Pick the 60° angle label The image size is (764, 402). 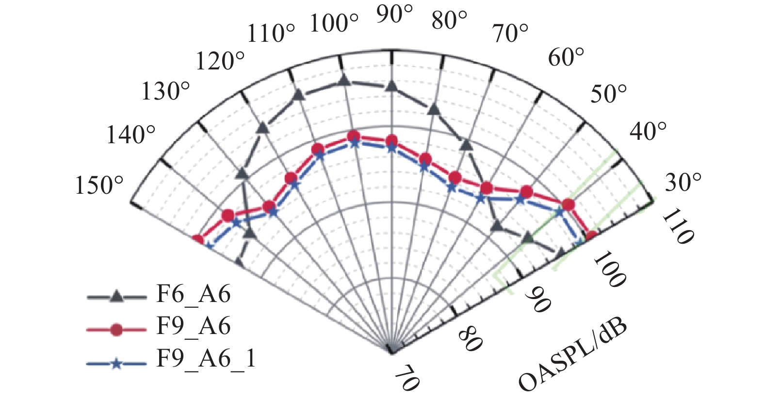point(567,58)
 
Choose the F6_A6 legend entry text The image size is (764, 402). point(193,294)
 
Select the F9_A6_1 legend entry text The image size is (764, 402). point(206,359)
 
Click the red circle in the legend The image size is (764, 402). point(116,330)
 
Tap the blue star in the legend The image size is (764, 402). point(116,363)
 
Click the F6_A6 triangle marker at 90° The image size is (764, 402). point(391,86)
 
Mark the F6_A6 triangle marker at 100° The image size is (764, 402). point(343,81)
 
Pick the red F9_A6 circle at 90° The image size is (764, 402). point(391,141)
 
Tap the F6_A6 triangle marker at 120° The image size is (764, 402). point(262,128)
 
